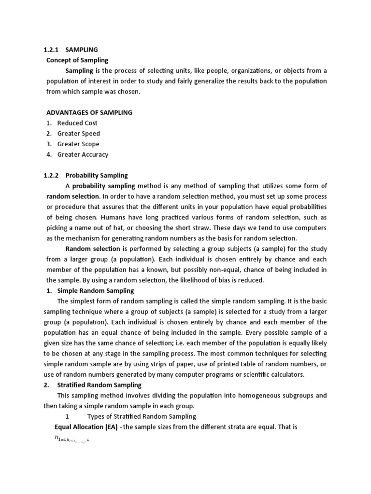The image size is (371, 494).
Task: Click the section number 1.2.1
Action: (x=51, y=50)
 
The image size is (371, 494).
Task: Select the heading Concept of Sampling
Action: (x=77, y=60)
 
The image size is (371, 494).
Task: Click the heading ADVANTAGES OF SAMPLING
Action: (x=89, y=112)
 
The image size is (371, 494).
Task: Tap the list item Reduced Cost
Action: (x=77, y=123)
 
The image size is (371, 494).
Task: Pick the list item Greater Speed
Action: (x=79, y=134)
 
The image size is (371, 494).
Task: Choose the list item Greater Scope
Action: (x=78, y=144)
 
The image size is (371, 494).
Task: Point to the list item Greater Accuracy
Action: (x=83, y=155)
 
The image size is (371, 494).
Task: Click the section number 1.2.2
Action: (x=51, y=176)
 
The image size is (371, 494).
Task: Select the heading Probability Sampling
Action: (x=97, y=176)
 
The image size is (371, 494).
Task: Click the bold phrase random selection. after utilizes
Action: (x=73, y=196)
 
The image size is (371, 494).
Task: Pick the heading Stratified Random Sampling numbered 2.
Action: (x=100, y=385)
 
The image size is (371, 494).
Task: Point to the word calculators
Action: (x=284, y=375)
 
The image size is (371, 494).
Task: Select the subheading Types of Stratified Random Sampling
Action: (x=142, y=416)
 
